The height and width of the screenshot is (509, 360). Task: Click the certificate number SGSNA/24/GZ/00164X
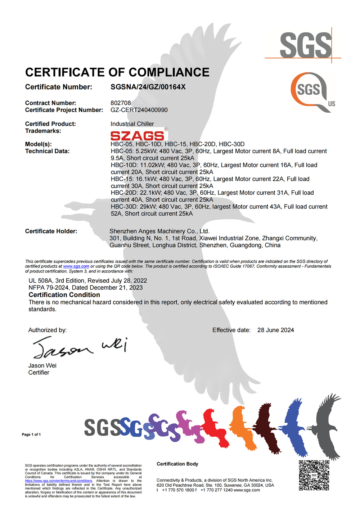[x=148, y=87]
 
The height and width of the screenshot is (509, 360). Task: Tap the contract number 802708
[x=121, y=103]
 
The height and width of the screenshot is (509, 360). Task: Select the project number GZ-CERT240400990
[x=139, y=110]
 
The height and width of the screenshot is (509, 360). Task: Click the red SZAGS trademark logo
[x=138, y=135]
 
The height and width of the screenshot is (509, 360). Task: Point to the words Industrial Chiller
[x=132, y=124]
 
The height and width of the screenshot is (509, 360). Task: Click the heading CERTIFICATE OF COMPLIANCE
[x=117, y=72]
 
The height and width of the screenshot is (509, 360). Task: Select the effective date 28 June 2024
[x=275, y=330]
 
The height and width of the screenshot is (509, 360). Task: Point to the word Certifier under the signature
[x=39, y=373]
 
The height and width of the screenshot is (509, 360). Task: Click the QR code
[x=314, y=475]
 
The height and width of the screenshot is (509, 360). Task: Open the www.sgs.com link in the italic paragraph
[x=76, y=266]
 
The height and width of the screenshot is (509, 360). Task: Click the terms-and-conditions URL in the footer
[x=58, y=481]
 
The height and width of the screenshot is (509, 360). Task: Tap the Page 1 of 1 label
[x=31, y=434]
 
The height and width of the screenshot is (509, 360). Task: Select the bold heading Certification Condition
[x=64, y=295]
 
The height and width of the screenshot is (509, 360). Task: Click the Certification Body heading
[x=177, y=464]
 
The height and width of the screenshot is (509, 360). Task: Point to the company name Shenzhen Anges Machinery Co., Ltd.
[x=159, y=231]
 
